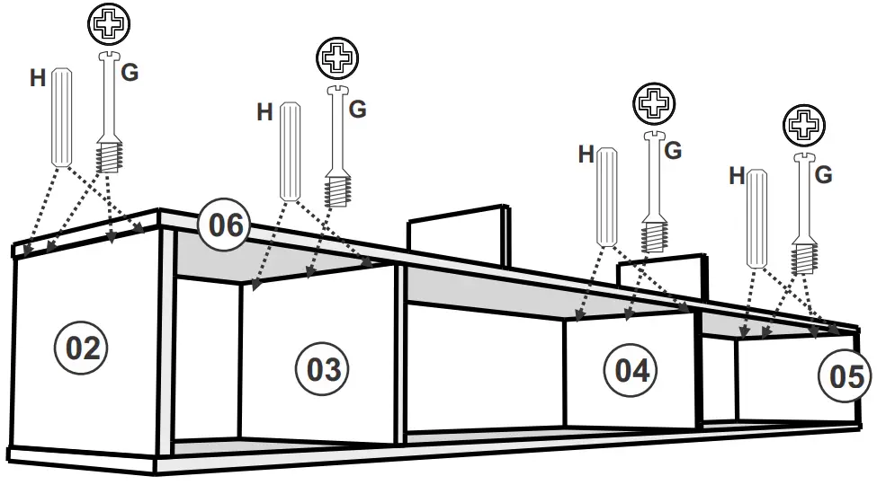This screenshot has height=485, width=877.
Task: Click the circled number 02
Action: pyautogui.click(x=82, y=348)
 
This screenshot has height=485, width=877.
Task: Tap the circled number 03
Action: pyautogui.click(x=324, y=369)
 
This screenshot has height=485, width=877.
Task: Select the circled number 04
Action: pyautogui.click(x=631, y=370)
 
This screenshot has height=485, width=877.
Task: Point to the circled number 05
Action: pyautogui.click(x=845, y=377)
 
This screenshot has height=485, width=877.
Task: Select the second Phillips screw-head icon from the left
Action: pyautogui.click(x=337, y=59)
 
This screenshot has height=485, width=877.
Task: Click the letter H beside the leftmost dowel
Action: pyautogui.click(x=38, y=78)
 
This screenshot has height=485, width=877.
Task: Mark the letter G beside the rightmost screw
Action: pyautogui.click(x=823, y=175)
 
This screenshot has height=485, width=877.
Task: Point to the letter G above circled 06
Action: pyautogui.click(x=357, y=110)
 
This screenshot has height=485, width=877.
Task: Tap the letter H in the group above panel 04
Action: pyautogui.click(x=586, y=155)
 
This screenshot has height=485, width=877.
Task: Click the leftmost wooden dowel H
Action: pyautogui.click(x=61, y=117)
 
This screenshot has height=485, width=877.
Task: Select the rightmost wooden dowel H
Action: pyautogui.click(x=757, y=217)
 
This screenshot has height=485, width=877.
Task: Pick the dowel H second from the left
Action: pyautogui.click(x=290, y=151)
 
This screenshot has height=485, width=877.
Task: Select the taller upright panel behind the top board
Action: pyautogui.click(x=455, y=235)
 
